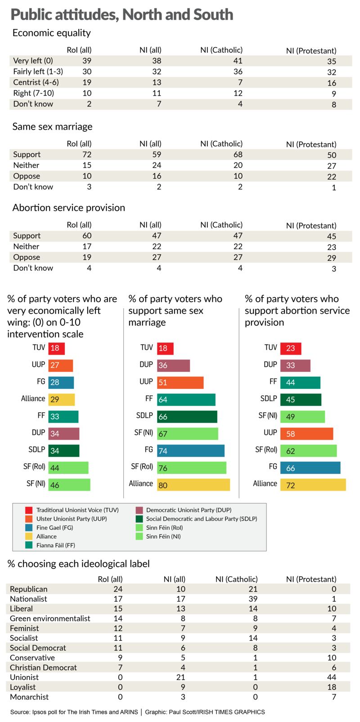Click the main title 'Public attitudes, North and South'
(x=121, y=14)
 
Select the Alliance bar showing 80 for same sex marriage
(x=193, y=485)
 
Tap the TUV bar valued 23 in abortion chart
(x=291, y=348)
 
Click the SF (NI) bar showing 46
(x=69, y=485)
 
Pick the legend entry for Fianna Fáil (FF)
(x=55, y=545)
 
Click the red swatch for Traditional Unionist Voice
(x=29, y=510)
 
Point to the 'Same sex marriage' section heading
(x=52, y=126)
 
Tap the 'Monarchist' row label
(x=29, y=697)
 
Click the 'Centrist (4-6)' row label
(x=36, y=82)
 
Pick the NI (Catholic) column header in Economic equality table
(x=221, y=50)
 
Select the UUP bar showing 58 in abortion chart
(x=306, y=434)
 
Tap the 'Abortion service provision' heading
(x=69, y=208)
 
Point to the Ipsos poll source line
(x=137, y=712)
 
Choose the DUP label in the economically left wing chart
(x=39, y=433)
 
